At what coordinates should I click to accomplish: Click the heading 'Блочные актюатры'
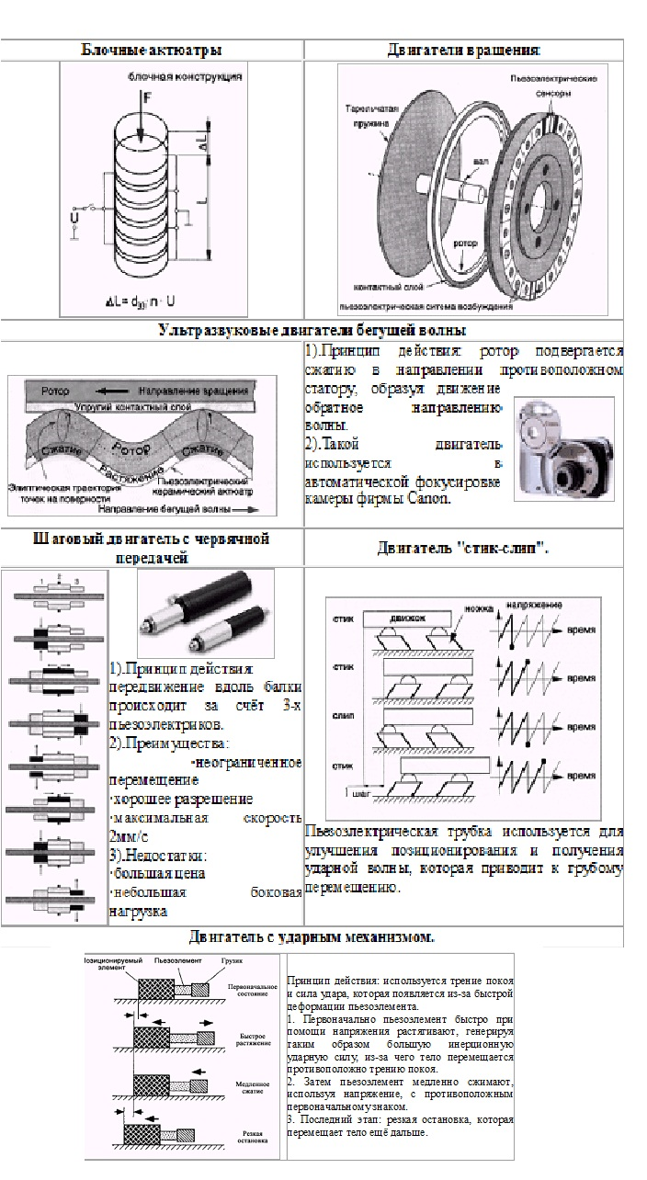coord(152,50)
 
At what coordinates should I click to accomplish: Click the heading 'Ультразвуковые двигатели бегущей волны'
coord(312,330)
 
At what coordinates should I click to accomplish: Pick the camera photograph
coord(563,449)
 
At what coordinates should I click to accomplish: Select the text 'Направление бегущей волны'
coord(178,506)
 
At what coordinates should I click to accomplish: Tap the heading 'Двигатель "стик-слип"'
coord(463,549)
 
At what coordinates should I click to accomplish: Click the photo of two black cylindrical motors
coord(205,611)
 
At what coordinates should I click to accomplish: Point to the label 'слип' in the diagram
coord(344,713)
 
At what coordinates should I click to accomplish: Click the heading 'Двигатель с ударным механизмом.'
coord(312,937)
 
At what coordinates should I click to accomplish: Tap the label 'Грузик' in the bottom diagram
coord(232,960)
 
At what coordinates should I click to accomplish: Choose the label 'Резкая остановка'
coord(254,1138)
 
